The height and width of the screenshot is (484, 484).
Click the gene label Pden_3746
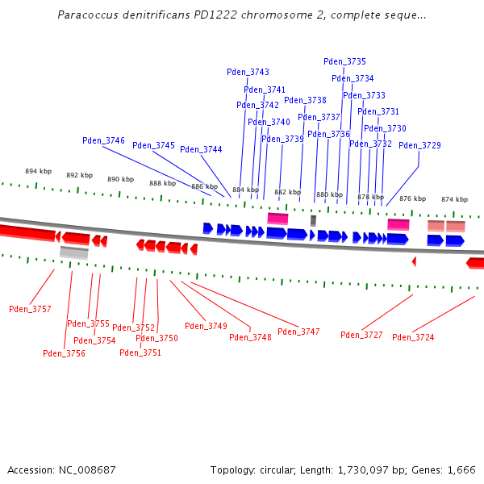(103, 140)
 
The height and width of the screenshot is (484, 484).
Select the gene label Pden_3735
(344, 61)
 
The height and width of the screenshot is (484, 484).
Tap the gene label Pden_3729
(419, 145)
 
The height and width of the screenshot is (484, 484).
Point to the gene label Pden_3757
(30, 309)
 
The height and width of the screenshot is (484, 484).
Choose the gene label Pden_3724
(413, 337)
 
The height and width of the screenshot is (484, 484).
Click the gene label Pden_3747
(298, 332)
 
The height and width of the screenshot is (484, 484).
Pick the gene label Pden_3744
(201, 149)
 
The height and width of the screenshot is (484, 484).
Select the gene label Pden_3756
(64, 353)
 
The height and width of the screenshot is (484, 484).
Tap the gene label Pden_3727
(361, 335)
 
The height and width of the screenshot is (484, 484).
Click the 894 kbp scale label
(38, 171)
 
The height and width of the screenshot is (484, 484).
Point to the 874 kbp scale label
(454, 199)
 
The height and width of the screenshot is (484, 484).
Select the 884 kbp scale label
(245, 190)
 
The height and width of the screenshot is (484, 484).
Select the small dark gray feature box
(313, 220)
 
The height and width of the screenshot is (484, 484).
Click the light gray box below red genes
(73, 252)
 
